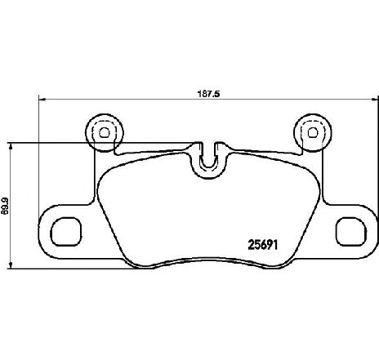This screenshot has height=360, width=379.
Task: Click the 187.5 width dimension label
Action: (x=208, y=94)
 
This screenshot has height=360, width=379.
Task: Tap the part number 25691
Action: (x=263, y=245)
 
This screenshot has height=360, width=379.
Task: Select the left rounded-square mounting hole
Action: (x=66, y=232)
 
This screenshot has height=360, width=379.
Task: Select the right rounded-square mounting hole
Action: (x=351, y=232)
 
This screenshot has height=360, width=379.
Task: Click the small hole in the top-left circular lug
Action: (x=104, y=133)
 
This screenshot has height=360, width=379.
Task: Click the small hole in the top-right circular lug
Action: (x=313, y=133)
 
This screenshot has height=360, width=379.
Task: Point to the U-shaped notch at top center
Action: (x=209, y=161)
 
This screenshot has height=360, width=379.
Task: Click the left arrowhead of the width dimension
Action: (x=42, y=100)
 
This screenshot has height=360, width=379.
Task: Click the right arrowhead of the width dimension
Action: (x=375, y=100)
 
